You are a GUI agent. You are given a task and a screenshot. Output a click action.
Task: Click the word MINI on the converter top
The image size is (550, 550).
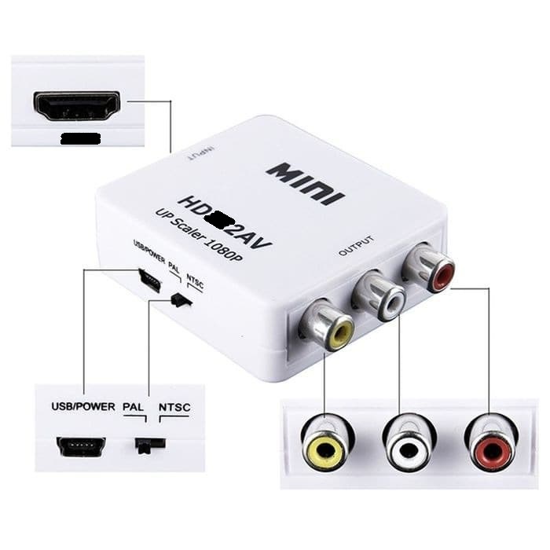point(306,182)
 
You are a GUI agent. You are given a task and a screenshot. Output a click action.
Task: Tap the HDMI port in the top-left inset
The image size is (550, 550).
point(77,105)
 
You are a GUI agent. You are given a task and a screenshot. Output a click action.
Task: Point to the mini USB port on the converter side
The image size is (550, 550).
point(148,280)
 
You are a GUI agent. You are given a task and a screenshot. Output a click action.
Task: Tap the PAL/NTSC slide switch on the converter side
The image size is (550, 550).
point(181,299)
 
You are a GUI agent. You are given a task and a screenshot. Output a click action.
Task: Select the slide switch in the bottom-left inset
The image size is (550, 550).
point(149,445)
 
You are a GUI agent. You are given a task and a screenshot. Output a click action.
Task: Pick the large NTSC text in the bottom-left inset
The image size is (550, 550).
point(174,407)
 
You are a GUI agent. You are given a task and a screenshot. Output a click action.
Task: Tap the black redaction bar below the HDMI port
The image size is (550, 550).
point(80,139)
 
